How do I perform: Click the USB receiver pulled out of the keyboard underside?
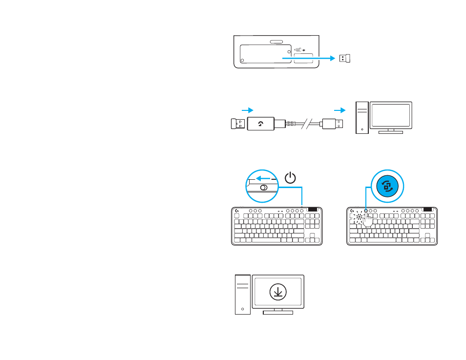[345, 58]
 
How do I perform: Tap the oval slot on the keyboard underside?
[276, 42]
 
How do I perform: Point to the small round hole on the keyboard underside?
[243, 61]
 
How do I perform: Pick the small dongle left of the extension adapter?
[238, 124]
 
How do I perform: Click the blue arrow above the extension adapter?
[248, 110]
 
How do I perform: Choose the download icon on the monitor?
[277, 292]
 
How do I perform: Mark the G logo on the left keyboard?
[237, 211]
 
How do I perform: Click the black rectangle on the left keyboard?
[313, 209]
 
